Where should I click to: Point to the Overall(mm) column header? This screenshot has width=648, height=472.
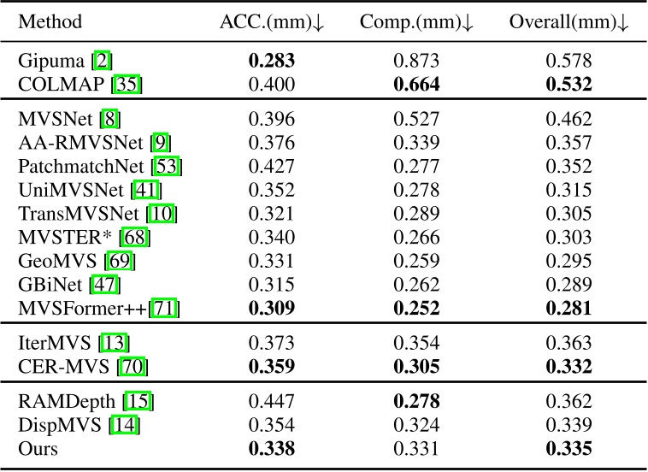569,23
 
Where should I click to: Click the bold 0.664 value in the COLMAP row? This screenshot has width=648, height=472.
419,83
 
